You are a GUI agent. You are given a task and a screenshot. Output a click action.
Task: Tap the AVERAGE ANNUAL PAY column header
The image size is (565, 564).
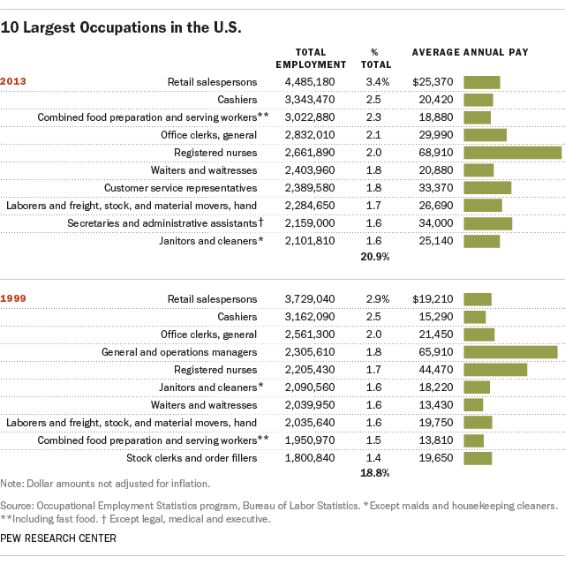click(x=471, y=52)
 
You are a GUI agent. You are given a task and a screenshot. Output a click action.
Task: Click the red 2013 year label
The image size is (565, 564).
click(x=13, y=82)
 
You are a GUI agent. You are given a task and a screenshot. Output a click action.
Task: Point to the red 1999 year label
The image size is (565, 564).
click(x=13, y=299)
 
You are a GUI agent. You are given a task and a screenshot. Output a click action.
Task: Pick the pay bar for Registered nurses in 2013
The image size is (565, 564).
click(x=512, y=153)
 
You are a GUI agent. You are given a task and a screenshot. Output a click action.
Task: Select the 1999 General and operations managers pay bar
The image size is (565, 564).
click(x=510, y=352)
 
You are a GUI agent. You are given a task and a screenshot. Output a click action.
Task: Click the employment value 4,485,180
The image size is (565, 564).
click(x=309, y=82)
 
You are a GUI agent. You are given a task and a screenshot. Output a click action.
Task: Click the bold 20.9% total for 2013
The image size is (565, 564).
click(x=375, y=256)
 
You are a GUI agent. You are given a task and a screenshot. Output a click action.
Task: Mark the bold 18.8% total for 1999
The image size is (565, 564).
click(x=375, y=473)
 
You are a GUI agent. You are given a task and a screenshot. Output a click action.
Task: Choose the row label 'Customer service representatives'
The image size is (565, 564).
click(x=180, y=188)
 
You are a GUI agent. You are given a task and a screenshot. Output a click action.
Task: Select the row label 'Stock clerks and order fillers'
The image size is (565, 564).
click(x=192, y=458)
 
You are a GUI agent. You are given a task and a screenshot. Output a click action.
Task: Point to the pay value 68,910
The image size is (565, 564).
click(x=439, y=153)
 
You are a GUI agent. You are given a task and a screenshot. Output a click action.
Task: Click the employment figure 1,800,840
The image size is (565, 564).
click(x=309, y=458)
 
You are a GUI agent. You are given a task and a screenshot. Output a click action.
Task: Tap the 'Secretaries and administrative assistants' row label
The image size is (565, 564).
click(x=165, y=223)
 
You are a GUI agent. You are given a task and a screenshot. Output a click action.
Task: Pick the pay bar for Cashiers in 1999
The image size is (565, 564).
click(x=475, y=317)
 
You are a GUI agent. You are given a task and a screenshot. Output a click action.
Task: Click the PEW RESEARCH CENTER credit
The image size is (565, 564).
click(x=58, y=538)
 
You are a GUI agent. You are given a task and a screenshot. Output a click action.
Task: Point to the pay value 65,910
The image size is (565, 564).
click(x=439, y=352)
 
